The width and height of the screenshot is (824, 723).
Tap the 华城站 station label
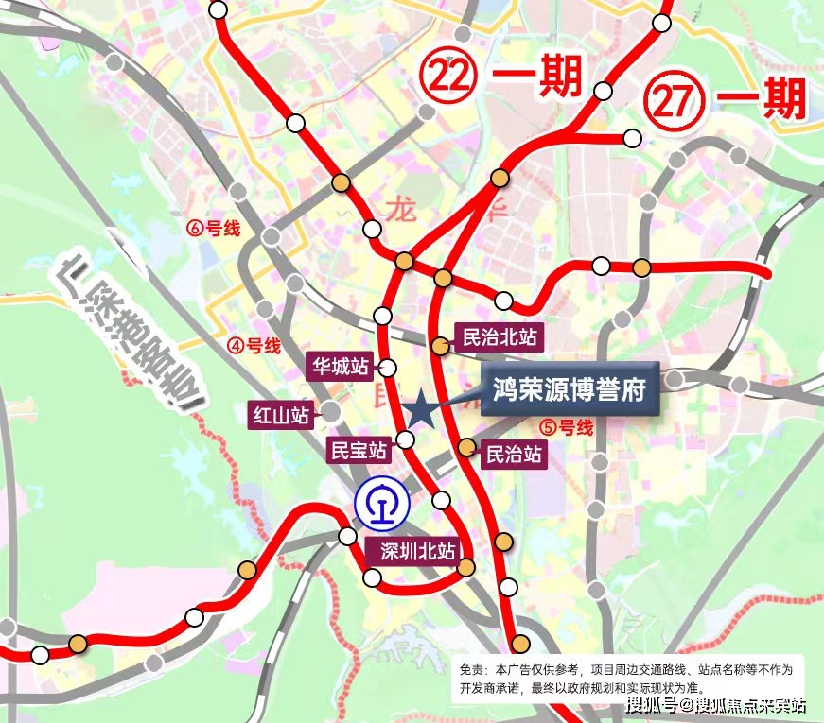coord(341,365)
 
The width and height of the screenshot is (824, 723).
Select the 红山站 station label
coord(280,413)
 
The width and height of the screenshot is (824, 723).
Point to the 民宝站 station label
coord(357,449)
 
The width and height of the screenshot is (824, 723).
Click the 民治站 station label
coord(514,455)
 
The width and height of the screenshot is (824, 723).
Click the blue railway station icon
coord(381,502)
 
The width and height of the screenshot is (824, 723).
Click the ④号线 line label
coord(254,346)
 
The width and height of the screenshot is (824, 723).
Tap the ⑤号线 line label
coord(566,427)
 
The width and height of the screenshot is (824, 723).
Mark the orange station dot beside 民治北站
coord(440,346)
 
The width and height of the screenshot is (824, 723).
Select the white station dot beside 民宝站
coord(405,439)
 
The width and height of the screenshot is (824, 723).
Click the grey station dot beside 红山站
coord(331,411)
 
